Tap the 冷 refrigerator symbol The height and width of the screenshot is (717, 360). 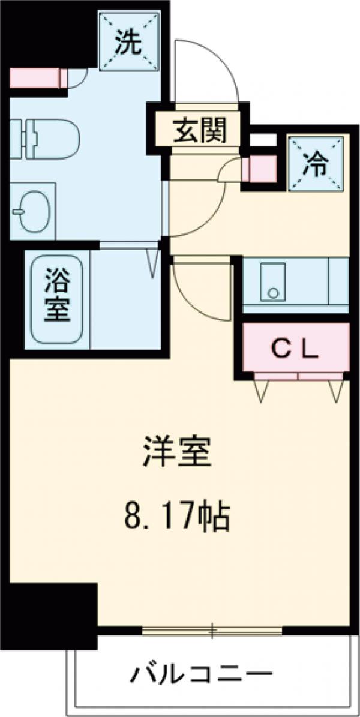click(317, 163)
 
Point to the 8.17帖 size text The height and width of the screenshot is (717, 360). click(178, 517)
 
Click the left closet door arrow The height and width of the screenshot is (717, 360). click(262, 391)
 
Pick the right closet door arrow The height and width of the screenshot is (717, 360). click(335, 391)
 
